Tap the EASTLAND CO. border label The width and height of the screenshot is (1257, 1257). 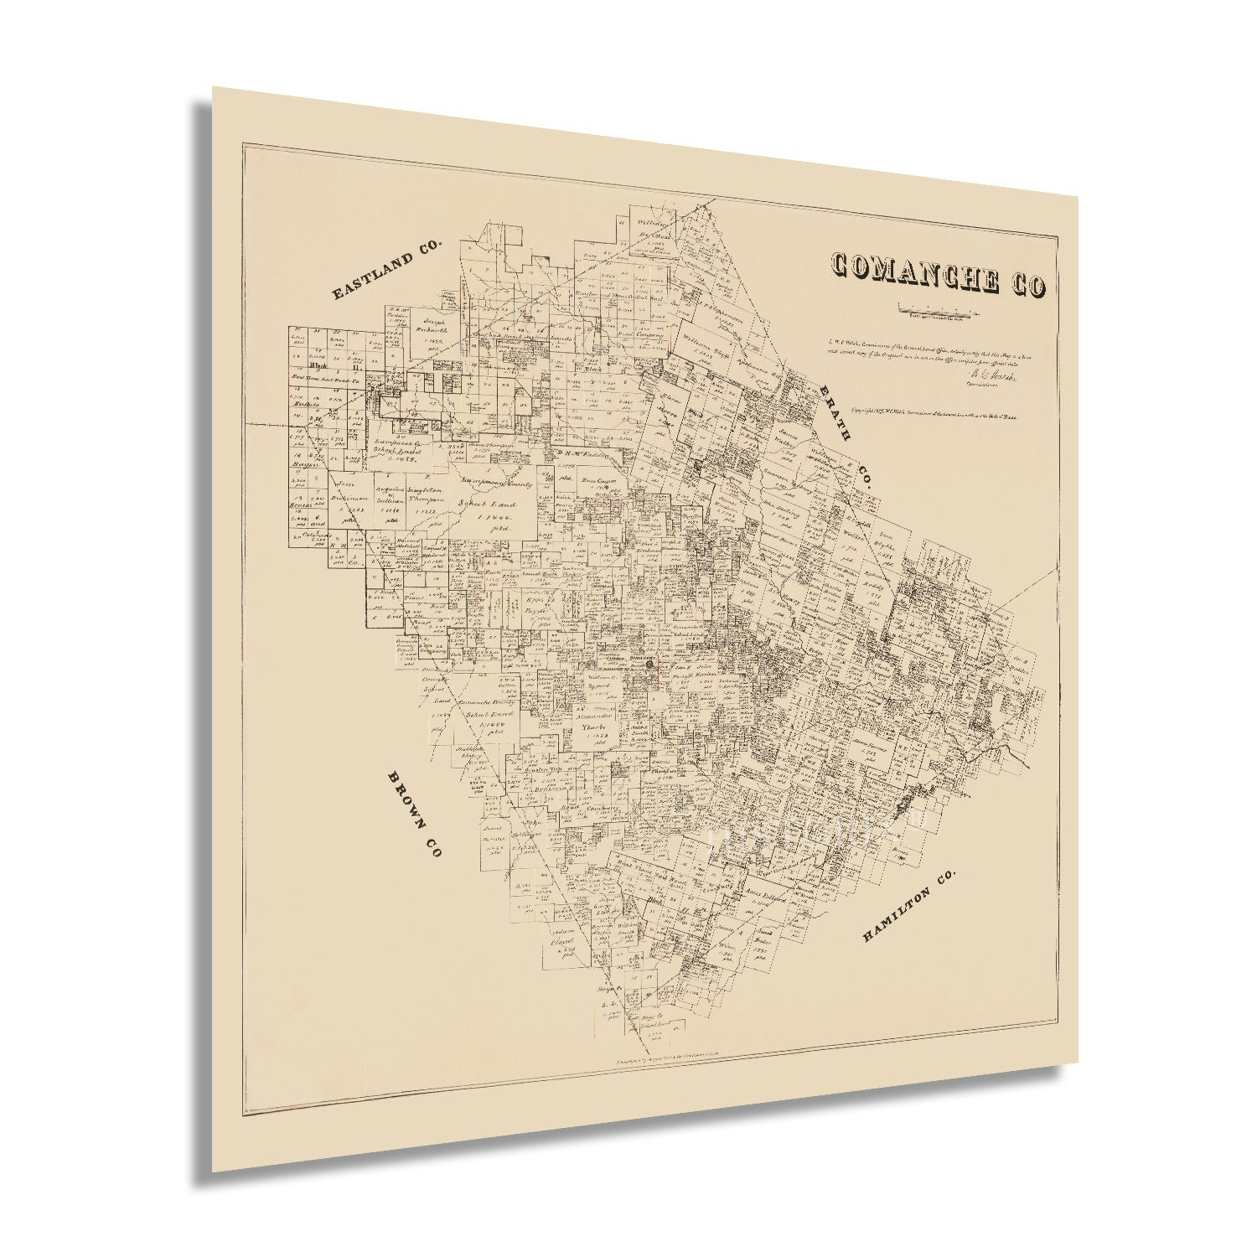[x=386, y=269]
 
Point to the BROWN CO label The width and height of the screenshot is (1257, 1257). [x=414, y=814]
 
